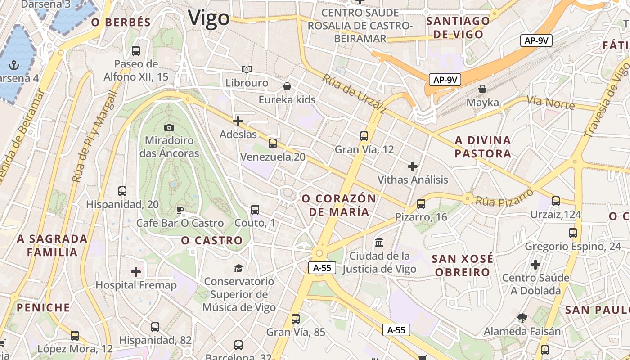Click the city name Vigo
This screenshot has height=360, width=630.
pos(209,18)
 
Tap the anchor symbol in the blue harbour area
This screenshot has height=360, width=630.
pos(14,65)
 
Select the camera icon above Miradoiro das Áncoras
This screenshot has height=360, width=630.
pos(169,127)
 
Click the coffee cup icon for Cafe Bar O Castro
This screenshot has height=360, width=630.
pos(180,210)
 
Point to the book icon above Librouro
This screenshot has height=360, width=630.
pos(246,69)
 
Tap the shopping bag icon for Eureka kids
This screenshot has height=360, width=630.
pos(287,86)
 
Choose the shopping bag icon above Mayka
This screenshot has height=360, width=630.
pos(482,89)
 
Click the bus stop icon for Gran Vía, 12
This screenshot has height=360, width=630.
pos(364,136)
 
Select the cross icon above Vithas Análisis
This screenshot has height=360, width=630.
pos(413,166)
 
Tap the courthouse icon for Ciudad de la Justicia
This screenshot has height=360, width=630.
pos(379,243)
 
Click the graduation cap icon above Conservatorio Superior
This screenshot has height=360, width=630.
pos(238,268)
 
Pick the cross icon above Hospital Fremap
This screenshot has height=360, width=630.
pos(136,272)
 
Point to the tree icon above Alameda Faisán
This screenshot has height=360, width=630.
pos(522,318)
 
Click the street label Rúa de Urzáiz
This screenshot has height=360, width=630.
pos(354,94)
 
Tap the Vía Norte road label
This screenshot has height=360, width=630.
pos(551,103)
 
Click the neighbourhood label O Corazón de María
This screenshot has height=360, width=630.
pos(339,205)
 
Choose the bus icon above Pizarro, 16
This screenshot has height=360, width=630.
pos(421,204)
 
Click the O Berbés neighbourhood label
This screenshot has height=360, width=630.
pos(121,22)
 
